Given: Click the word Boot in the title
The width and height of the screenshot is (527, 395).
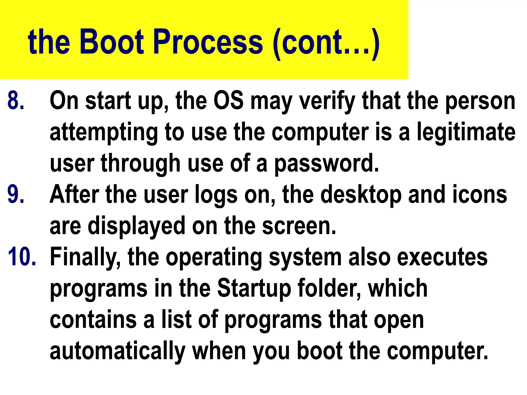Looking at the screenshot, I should [112, 42].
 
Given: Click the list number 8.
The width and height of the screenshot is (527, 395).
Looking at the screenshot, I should [16, 101].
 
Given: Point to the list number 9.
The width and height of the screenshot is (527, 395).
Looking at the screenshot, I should [16, 195].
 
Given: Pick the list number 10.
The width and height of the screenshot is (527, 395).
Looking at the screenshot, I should [22, 257].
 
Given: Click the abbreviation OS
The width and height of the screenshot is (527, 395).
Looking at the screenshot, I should [229, 101].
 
